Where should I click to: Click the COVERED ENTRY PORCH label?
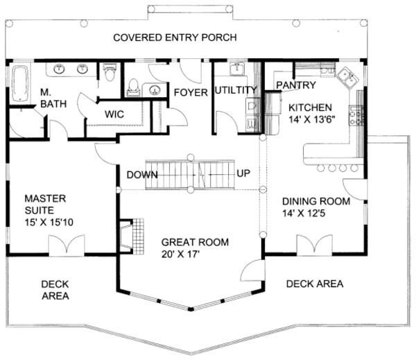point(175,37)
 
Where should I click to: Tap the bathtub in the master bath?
point(20,83)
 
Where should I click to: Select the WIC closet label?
point(114,114)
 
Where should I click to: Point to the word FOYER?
point(191,92)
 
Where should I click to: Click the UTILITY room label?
point(236,90)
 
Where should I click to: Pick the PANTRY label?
point(296,85)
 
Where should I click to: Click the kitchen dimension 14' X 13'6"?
point(312,119)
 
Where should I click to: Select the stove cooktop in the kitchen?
point(356,115)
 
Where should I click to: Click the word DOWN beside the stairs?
point(142,175)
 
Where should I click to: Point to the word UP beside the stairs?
point(243,173)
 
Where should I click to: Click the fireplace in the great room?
point(132,237)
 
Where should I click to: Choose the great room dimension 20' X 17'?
point(180,254)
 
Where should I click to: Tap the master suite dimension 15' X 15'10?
point(49,222)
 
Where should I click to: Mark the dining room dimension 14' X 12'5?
point(304,213)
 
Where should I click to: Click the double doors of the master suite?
point(67,246)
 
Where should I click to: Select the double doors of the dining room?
point(314,245)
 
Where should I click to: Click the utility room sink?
point(237,69)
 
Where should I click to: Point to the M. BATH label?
point(53,98)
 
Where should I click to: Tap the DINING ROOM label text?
point(316,201)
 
